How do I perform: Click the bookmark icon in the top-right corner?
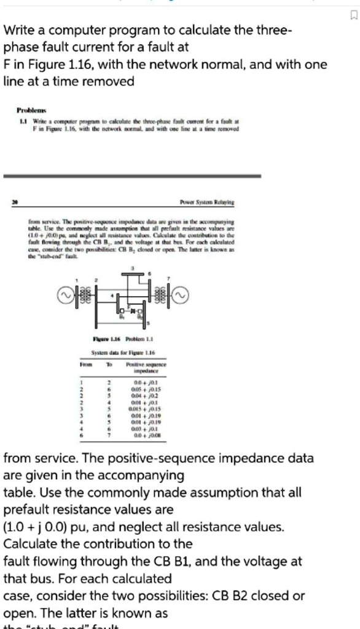coord(352,14)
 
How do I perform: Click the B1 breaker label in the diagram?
coord(122,318)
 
